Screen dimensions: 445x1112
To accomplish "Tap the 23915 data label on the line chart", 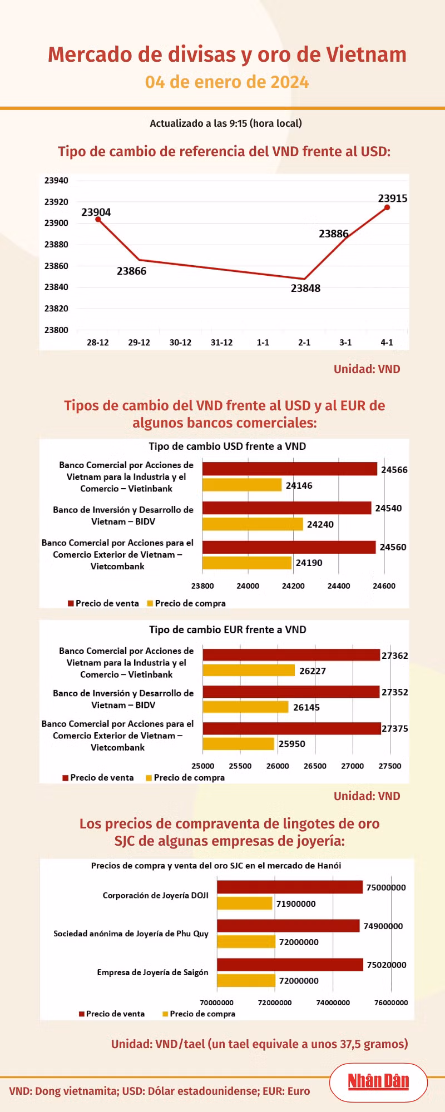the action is (393, 198).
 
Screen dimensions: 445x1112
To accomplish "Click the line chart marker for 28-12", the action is (98, 220).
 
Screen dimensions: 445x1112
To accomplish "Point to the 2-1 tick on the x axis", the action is (304, 342).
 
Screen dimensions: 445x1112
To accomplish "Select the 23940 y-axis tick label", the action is (56, 180).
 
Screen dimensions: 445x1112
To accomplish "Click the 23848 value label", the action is (305, 288).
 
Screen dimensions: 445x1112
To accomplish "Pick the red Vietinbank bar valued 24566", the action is (290, 469).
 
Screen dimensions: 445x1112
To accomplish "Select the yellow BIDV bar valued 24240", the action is (253, 524).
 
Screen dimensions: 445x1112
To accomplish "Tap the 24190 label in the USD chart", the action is (309, 563).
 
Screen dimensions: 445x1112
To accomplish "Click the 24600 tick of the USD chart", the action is (384, 586).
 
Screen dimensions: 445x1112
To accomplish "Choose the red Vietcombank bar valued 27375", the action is (291, 728).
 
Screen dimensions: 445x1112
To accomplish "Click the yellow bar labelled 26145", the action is (246, 707).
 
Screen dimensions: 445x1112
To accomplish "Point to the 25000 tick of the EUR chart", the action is (203, 766).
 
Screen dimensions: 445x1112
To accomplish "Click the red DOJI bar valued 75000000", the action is (290, 887).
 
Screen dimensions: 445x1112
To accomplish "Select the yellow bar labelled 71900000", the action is (245, 903).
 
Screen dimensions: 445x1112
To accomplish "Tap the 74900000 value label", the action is (383, 926).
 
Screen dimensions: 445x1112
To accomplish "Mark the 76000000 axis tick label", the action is (391, 1002).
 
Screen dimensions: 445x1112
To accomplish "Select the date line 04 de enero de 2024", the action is (227, 82).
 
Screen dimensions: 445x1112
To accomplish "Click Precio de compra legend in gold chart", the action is (199, 1014).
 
